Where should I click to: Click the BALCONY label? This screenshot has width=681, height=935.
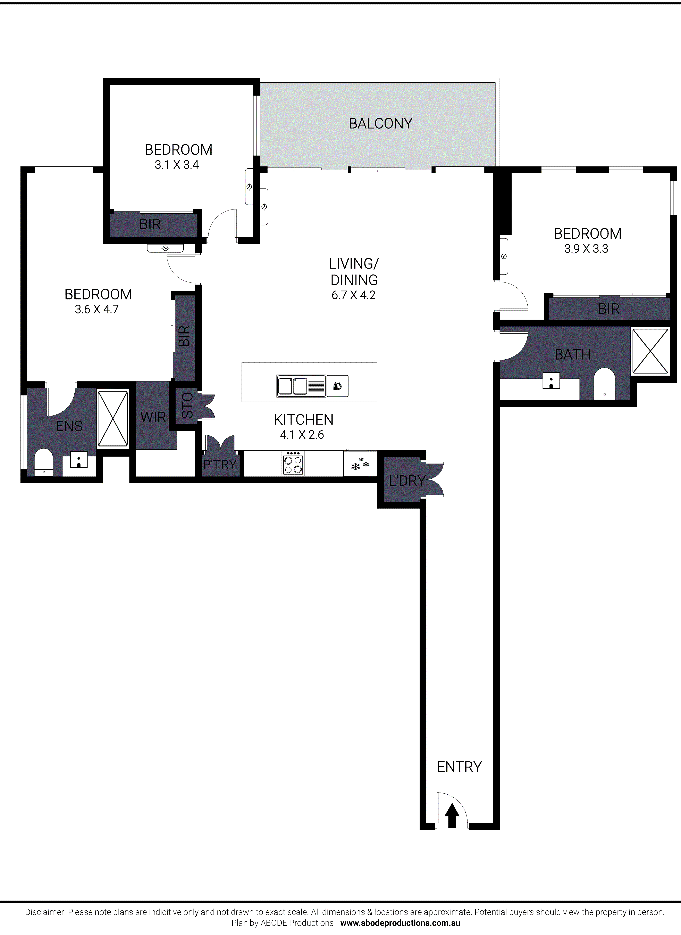380,123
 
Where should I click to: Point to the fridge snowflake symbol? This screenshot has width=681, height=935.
360,464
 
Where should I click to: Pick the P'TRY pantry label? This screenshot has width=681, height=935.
220,464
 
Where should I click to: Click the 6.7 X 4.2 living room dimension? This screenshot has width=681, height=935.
353,295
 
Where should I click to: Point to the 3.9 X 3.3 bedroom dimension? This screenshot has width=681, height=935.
586,249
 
